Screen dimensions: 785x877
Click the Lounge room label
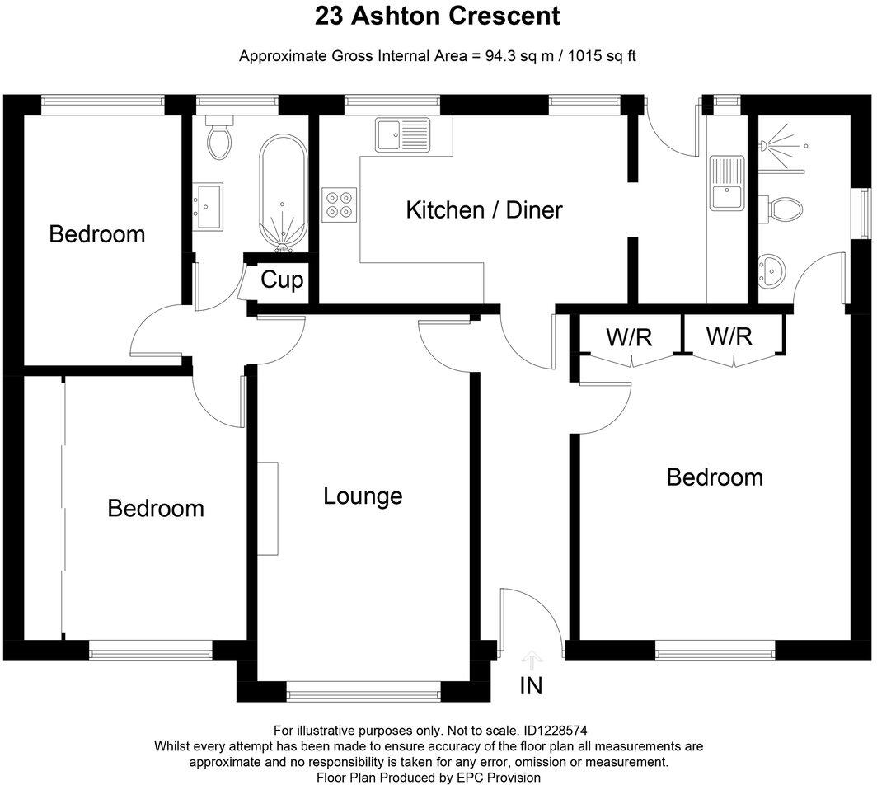(x=363, y=496)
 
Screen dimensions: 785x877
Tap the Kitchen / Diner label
(x=484, y=209)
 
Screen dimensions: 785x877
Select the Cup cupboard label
(x=282, y=280)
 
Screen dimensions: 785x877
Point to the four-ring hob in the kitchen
(x=340, y=204)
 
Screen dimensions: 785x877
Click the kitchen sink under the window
(x=402, y=134)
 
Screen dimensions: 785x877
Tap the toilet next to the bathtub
(x=219, y=142)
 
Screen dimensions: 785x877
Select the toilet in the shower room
(x=784, y=208)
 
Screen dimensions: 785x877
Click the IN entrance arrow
(x=532, y=659)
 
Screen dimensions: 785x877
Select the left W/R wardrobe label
(x=631, y=336)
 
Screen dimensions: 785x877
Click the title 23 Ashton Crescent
(x=437, y=15)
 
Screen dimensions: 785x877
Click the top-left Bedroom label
(x=97, y=234)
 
